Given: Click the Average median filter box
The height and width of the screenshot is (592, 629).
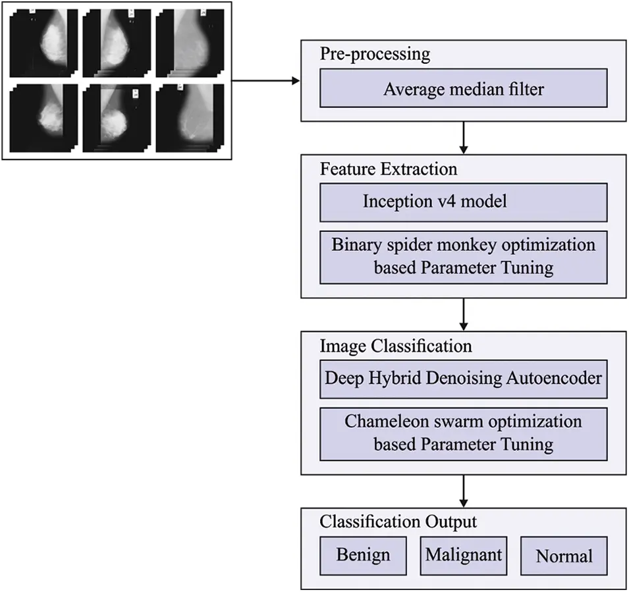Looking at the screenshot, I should (x=463, y=89).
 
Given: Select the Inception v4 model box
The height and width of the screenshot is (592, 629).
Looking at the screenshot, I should (x=463, y=202).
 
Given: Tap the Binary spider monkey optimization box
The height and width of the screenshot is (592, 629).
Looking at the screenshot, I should (x=463, y=257).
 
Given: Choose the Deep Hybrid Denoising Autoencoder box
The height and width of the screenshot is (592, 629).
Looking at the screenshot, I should (x=463, y=379).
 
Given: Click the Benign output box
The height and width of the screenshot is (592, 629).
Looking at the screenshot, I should (x=363, y=555).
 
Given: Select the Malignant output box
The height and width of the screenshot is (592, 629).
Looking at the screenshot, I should (x=463, y=555).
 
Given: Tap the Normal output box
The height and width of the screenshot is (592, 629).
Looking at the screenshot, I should (x=564, y=556).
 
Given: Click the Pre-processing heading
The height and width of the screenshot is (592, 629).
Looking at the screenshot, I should (x=375, y=54).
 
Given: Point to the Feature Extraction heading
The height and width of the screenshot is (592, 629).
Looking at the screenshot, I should (x=389, y=169).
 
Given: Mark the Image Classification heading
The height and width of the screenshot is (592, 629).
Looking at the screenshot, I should (x=396, y=346).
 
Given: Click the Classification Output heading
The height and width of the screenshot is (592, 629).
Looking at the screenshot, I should (x=398, y=522).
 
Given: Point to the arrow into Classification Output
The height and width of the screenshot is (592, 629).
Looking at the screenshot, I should (x=464, y=491).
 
